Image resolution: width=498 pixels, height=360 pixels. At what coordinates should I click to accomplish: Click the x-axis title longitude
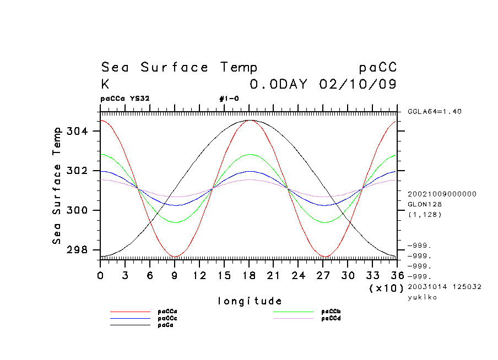[250, 301]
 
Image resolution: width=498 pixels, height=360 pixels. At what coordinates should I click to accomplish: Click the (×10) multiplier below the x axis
[386, 288]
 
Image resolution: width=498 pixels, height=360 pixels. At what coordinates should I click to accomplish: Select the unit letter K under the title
[105, 84]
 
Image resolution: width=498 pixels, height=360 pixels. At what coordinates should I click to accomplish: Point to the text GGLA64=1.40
[435, 112]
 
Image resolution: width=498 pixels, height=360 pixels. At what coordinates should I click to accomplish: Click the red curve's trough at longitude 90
[175, 257]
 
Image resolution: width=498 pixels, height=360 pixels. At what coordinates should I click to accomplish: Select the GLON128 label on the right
[423, 204]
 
